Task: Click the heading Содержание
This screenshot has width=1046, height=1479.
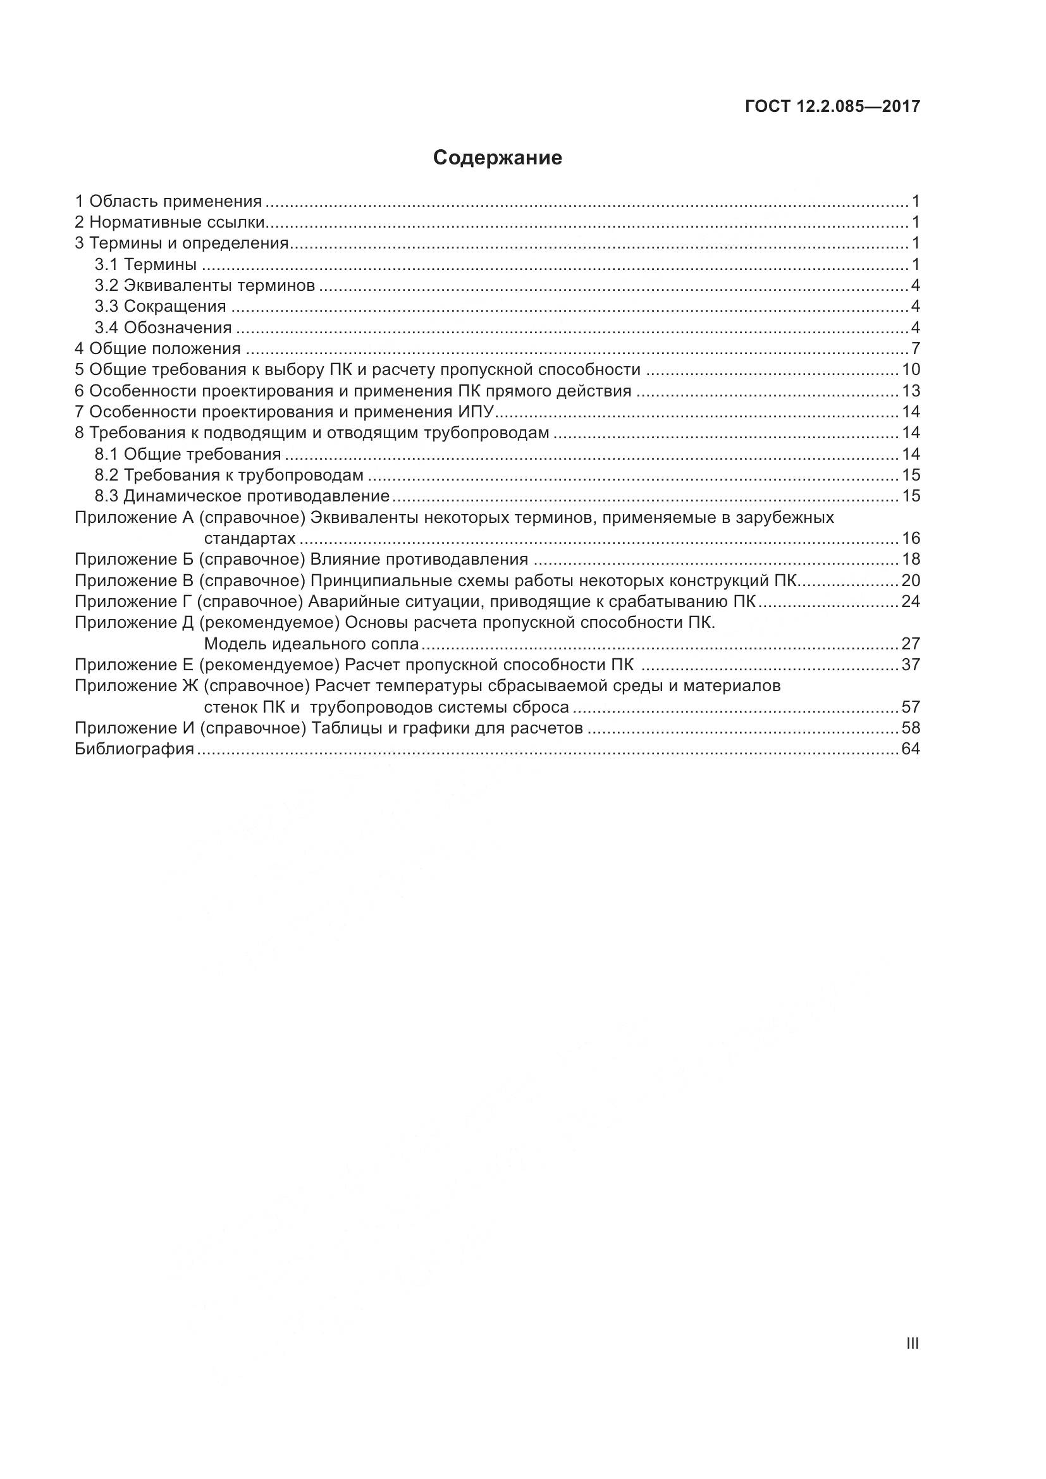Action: pyautogui.click(x=497, y=158)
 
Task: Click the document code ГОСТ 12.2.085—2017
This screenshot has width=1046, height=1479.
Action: pyautogui.click(x=832, y=106)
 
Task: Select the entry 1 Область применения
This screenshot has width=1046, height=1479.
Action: pyautogui.click(x=169, y=202)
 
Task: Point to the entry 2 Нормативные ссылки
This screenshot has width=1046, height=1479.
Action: pyautogui.click(x=170, y=223)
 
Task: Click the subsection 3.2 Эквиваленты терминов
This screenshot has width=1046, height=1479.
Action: pyautogui.click(x=205, y=285)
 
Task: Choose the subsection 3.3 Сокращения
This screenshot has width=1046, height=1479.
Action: pyautogui.click(x=161, y=307)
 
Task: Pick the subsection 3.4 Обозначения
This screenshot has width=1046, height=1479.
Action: pyautogui.click(x=163, y=328)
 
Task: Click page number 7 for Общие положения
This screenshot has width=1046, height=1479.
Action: pyautogui.click(x=915, y=349)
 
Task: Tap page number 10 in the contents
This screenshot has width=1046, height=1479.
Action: pyautogui.click(x=911, y=370)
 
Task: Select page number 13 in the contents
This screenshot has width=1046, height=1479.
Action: pyautogui.click(x=911, y=391)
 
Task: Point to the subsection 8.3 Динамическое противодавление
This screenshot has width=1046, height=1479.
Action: pyautogui.click(x=242, y=496)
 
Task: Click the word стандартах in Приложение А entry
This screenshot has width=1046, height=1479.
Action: pyautogui.click(x=250, y=539)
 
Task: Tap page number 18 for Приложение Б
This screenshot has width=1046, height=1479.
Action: pyautogui.click(x=911, y=559)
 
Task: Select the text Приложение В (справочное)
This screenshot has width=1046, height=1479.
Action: pyautogui.click(x=189, y=581)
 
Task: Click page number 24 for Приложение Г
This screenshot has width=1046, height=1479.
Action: pyautogui.click(x=911, y=601)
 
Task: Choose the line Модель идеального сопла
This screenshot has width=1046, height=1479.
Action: pyautogui.click(x=311, y=644)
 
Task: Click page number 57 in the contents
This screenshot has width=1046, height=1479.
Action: pyautogui.click(x=911, y=708)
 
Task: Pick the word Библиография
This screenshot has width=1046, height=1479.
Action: pyautogui.click(x=135, y=749)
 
